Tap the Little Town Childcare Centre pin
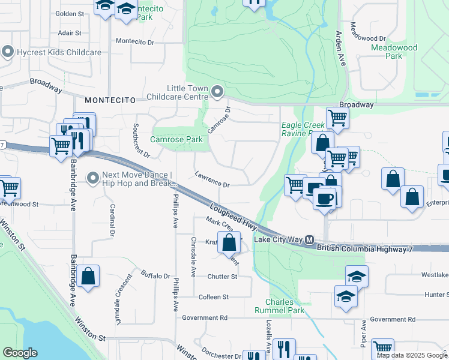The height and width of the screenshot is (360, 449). click(x=217, y=92)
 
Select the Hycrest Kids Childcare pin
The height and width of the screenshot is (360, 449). click(x=8, y=52)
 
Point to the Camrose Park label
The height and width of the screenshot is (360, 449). click(x=176, y=139)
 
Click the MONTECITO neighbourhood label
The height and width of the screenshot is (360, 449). click(x=107, y=100)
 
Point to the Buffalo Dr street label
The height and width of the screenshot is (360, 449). click(x=155, y=276)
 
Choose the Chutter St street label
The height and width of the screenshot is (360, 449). click(x=222, y=276)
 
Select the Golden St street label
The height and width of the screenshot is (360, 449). click(x=70, y=13)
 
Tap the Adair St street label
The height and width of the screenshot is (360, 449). click(x=70, y=33)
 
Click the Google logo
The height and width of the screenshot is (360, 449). click(x=20, y=353)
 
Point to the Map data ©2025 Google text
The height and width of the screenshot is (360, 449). click(x=412, y=355)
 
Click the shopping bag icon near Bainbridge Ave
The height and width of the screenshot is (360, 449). click(x=88, y=277)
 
